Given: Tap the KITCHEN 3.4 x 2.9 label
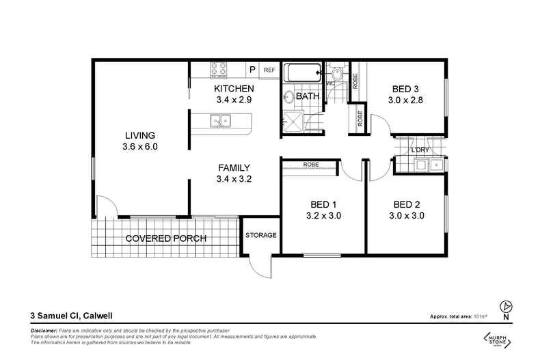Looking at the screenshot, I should tap(234, 94).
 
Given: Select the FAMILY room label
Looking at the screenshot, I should tap(234, 174).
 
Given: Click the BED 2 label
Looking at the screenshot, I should tap(409, 210).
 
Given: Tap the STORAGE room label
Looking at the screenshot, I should tap(260, 236).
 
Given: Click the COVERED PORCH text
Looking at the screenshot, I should tap(165, 238).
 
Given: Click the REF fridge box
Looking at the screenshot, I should tap(269, 70).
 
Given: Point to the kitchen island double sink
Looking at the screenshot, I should tap(221, 122).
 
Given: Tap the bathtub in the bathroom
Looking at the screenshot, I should tap(301, 72).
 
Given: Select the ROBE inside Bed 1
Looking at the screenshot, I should tap(310, 165).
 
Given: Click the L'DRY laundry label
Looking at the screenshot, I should tap(420, 150).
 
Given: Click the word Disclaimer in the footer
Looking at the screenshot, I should tap(44, 330).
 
